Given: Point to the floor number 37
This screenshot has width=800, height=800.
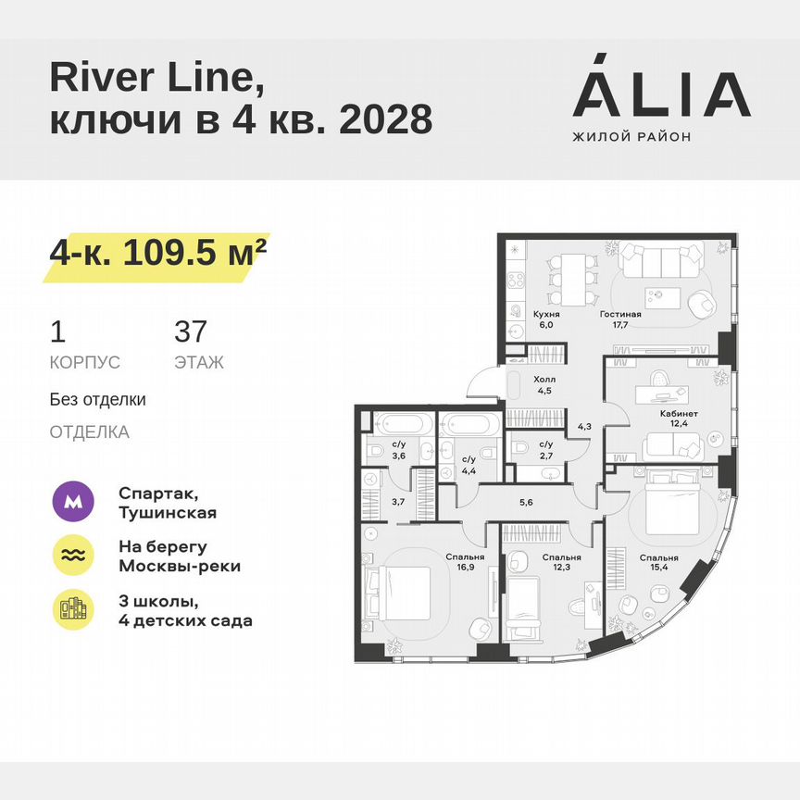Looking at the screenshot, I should coord(192,331).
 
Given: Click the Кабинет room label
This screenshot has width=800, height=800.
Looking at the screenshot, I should coord(679,414).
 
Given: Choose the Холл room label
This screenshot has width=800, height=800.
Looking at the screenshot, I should coord(544,379).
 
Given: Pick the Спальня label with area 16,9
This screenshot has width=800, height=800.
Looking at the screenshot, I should coord(463,557).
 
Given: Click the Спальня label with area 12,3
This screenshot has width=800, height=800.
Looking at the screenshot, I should coord(561,557).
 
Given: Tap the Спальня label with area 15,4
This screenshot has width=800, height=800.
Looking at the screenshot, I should coord(658,557).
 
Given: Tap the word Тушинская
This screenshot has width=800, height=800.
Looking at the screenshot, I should coord(168,513).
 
